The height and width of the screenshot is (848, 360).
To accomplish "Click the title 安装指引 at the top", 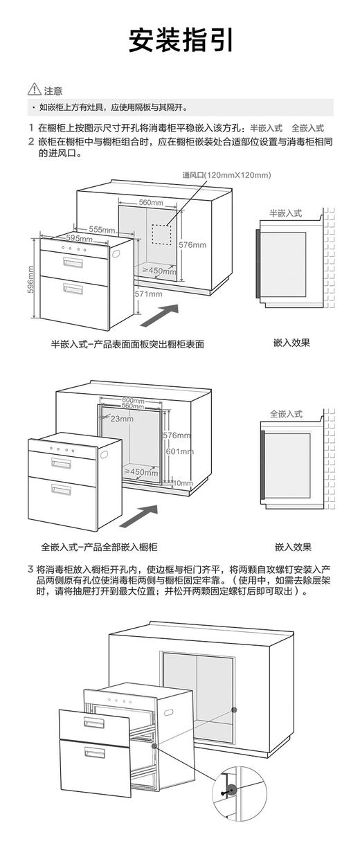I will click(180, 40).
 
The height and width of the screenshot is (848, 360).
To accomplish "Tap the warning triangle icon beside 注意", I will click(34, 90).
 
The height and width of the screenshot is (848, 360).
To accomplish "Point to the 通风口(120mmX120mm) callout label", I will click(226, 175).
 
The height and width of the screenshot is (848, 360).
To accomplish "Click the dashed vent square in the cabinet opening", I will click(161, 233).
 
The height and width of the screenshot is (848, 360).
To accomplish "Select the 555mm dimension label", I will click(102, 229).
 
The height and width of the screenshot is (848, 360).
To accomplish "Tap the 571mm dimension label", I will click(148, 294).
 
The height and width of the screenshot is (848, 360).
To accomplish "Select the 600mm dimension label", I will click(133, 400).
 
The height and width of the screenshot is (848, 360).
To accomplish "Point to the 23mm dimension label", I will click(121, 418).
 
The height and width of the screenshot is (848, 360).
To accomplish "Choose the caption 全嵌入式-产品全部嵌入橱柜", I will click(99, 547).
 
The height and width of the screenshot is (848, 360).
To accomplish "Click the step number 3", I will click(30, 570).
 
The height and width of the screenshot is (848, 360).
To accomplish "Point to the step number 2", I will click(30, 141).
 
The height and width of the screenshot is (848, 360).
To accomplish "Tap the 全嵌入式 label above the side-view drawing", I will click(286, 413).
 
